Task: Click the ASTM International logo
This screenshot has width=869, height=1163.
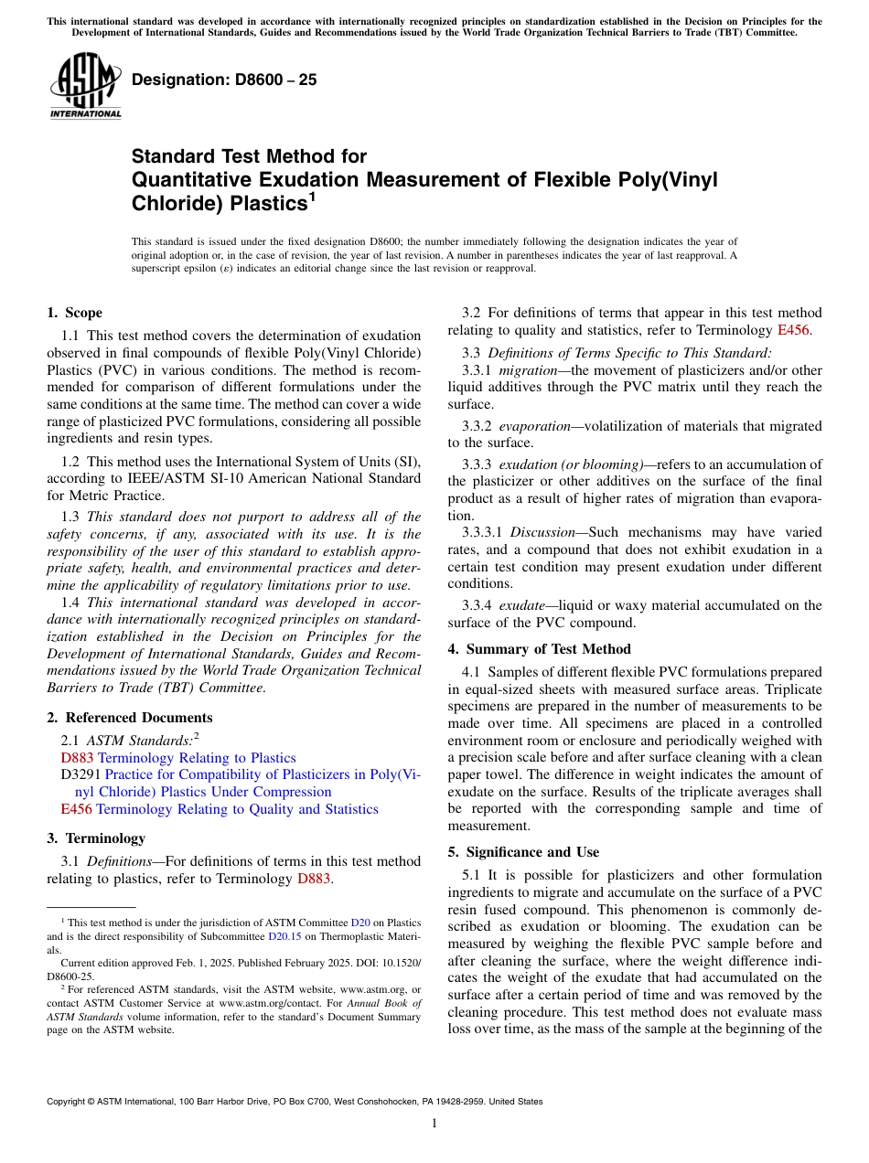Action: click(84, 86)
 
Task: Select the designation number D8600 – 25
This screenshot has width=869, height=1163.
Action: click(224, 80)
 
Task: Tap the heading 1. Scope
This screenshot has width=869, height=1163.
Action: click(74, 313)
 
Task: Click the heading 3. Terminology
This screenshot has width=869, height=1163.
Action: click(95, 838)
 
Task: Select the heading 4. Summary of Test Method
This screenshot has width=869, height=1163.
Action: click(539, 649)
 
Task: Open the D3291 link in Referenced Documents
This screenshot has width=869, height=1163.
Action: click(77, 774)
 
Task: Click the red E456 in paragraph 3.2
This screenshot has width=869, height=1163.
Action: click(792, 330)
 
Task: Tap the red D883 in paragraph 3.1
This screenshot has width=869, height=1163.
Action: click(314, 879)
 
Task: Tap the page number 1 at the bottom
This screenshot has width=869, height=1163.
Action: click(434, 1123)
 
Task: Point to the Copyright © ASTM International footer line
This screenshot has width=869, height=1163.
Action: click(294, 1102)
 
